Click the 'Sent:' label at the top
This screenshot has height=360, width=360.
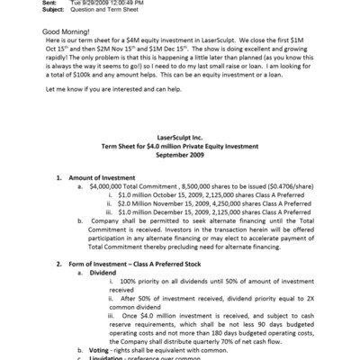26,3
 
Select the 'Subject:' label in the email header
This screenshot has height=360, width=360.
30,10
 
